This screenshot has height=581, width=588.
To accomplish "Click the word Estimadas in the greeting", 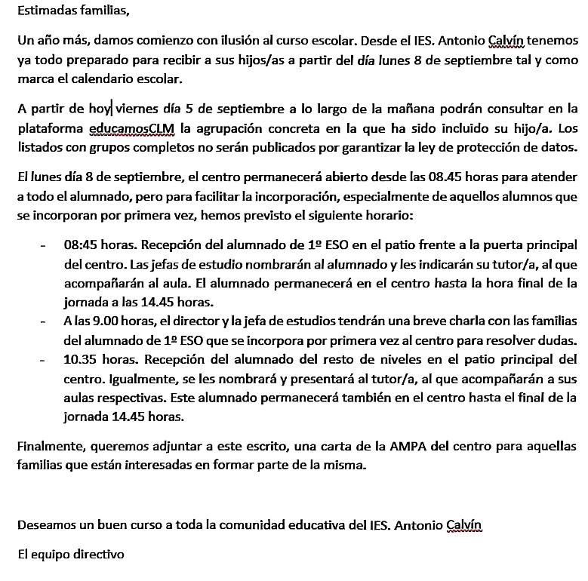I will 45,12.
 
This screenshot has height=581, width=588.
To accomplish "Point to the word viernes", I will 139,110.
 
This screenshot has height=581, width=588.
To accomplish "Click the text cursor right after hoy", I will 112,110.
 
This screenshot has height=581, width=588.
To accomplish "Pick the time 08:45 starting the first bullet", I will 81,245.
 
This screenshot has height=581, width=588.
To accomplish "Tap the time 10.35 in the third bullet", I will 81,359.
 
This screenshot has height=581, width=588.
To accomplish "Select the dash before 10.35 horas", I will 44,359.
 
